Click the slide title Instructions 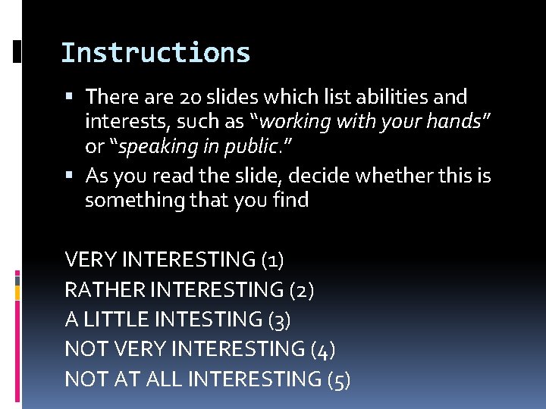click(155, 53)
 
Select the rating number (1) click(271, 260)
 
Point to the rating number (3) click(280, 320)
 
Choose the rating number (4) click(324, 349)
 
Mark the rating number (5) click(338, 379)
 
